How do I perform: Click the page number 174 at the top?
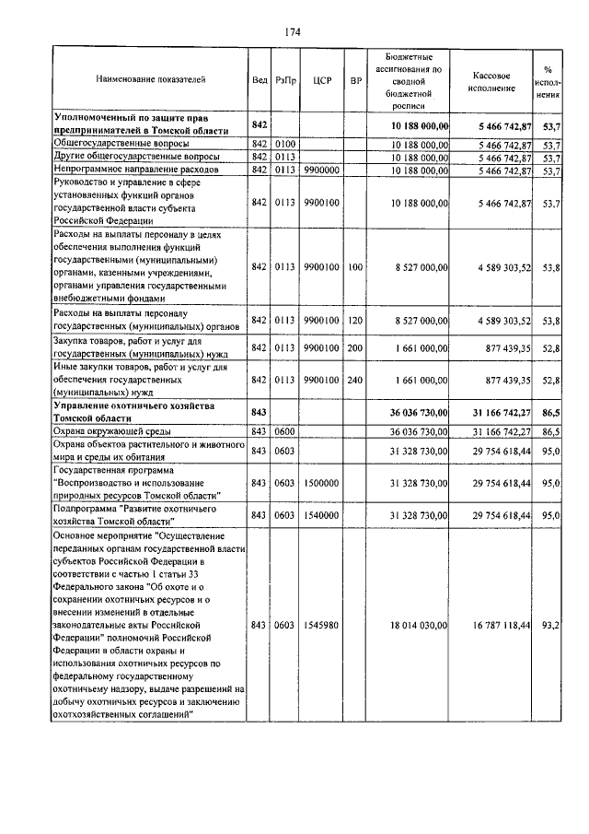coord(294,32)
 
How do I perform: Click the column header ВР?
coord(355,80)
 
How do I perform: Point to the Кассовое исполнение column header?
coord(498,79)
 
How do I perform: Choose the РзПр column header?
coord(284,80)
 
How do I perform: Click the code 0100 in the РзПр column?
coord(284,145)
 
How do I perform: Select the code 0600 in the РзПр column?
coord(284,430)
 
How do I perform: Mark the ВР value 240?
coord(355,379)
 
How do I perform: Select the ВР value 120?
coord(355,322)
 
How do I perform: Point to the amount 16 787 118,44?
coord(498,625)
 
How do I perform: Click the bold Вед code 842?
coord(259,124)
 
